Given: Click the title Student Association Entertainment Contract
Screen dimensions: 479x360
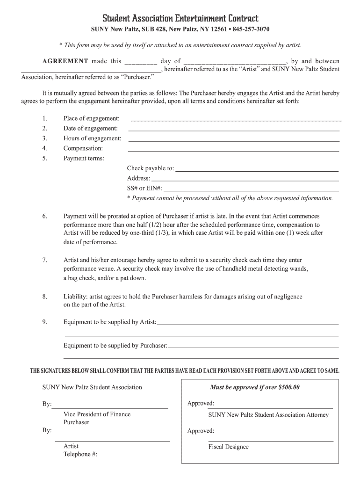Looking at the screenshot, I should point(180,19).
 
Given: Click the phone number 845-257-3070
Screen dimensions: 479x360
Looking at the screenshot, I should point(251,29).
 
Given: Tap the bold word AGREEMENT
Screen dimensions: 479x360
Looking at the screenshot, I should point(65,61).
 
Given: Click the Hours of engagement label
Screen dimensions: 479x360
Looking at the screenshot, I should point(92,138).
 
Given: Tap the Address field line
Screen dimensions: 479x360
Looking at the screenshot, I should point(245,180).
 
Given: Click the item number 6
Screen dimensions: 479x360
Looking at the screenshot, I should point(44,216).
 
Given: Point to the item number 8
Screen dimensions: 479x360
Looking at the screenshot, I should point(44,297).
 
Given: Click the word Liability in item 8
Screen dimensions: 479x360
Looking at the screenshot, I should point(74,297).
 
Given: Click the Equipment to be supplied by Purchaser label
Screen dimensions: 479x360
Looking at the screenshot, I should point(115,346).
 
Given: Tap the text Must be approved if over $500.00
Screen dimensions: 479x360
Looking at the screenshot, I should point(255,387).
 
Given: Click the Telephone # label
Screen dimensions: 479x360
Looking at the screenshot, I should point(80,454).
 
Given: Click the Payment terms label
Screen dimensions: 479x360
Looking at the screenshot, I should point(84,158).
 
